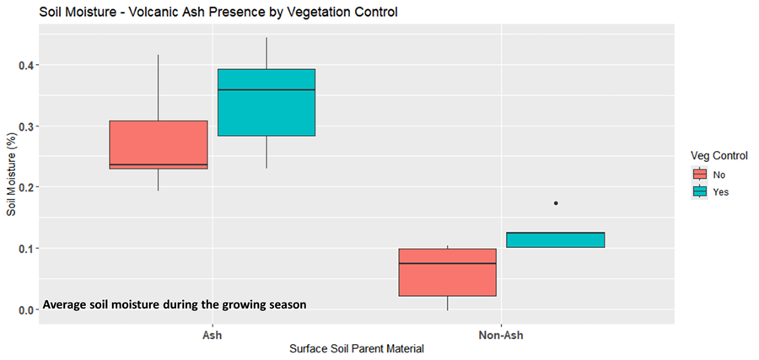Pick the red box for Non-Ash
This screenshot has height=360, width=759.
click(447, 272)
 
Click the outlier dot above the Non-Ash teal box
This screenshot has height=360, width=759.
click(555, 203)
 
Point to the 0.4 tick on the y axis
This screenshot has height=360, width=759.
click(26, 65)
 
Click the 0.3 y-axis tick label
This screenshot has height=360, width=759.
click(26, 126)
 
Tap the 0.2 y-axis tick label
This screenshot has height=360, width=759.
click(26, 187)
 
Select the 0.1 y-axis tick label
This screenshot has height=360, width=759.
click(26, 249)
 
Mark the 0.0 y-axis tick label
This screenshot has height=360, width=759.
click(26, 309)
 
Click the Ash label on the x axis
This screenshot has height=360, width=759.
click(213, 334)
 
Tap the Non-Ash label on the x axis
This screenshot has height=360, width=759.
click(502, 334)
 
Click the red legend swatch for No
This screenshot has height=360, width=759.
click(699, 175)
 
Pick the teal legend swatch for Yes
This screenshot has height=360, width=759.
click(699, 191)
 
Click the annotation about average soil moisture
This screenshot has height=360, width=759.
click(174, 304)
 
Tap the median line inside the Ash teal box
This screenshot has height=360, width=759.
click(266, 89)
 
